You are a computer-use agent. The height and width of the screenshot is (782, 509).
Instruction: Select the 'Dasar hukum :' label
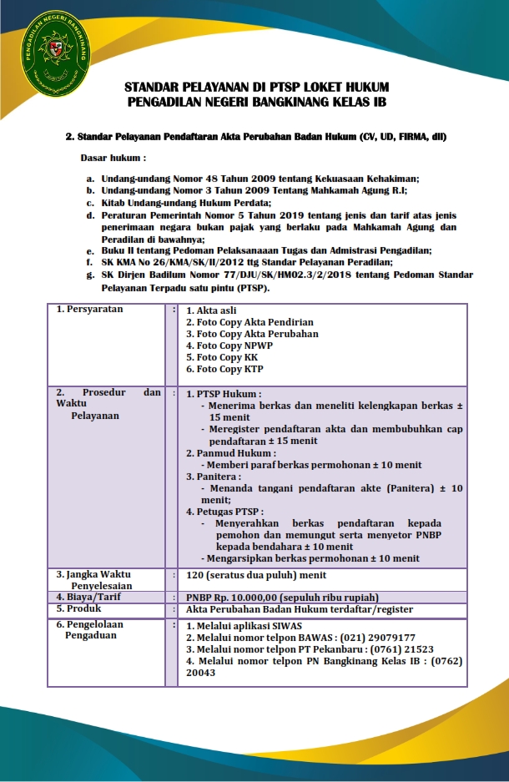113,157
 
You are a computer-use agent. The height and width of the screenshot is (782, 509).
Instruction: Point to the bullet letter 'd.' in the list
90,214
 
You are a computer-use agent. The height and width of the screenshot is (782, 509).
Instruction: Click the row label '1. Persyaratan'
89,309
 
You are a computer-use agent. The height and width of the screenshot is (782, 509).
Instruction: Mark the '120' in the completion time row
196,575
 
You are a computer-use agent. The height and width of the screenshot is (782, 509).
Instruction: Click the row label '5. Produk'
79,608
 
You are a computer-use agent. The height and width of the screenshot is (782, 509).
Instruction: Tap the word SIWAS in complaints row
285,625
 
